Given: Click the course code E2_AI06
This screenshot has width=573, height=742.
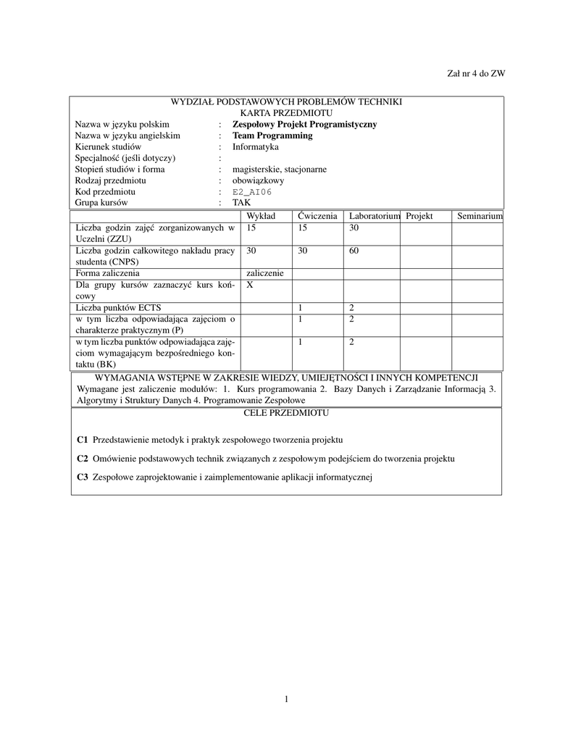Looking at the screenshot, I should (x=252, y=192).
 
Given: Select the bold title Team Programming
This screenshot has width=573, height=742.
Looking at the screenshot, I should (x=272, y=136).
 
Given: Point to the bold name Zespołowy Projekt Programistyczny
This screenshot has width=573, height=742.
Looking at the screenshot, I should (x=304, y=124).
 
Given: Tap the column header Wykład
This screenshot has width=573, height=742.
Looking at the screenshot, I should (x=261, y=216).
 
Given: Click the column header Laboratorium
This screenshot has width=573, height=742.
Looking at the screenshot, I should (x=374, y=216).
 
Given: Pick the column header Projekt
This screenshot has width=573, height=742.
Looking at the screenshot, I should (x=419, y=216).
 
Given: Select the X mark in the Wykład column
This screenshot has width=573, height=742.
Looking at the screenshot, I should (x=250, y=285).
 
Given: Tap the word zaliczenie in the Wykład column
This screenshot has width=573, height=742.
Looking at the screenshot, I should (x=265, y=273).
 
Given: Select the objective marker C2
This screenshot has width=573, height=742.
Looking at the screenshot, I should (x=82, y=459).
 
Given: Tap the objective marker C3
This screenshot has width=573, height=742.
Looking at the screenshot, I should (x=82, y=477).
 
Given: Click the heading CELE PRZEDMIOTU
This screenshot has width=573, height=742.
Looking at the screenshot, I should (x=286, y=413).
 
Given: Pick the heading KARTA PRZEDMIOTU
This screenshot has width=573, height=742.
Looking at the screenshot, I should (x=286, y=113).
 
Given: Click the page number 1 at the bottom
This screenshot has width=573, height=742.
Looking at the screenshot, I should (x=286, y=699).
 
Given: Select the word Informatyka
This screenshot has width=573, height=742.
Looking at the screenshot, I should (x=255, y=146).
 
